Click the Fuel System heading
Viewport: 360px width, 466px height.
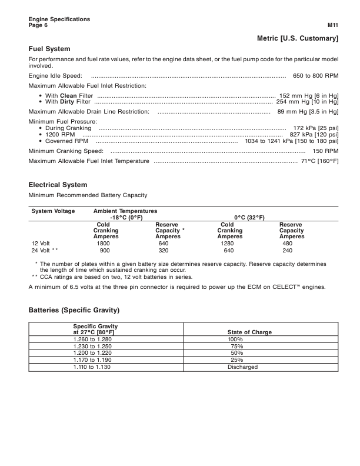[x=49, y=49]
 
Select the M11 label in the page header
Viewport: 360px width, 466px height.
[x=332, y=26]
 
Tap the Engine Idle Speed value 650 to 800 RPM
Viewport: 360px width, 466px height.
[x=315, y=76]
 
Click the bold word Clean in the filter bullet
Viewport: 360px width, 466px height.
[x=69, y=95]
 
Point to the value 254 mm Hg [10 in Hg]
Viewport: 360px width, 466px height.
[x=308, y=101]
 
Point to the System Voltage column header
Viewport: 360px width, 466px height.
[x=53, y=211]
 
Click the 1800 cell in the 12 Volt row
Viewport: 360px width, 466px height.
[x=104, y=242]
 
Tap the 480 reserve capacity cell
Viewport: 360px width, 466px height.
[x=288, y=242]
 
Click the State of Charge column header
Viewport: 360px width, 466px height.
[x=249, y=332]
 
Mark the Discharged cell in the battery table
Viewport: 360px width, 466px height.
[x=242, y=367]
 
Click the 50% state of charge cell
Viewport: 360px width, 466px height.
[x=236, y=353]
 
